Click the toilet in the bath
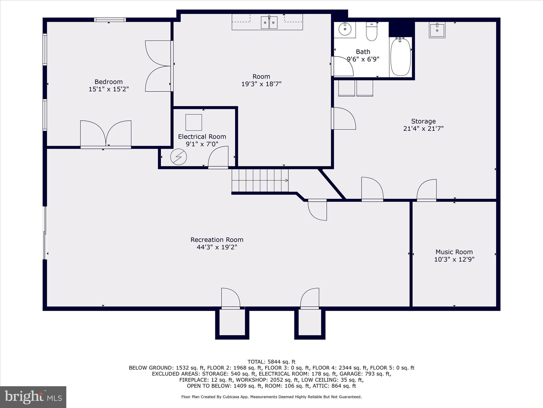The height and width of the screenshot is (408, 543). point(371,31)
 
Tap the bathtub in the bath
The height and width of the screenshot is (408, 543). point(401,57)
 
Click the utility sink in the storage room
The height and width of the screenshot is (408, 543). point(437,30)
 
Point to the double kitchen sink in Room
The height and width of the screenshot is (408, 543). point(269,22)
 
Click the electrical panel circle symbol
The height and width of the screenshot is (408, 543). point(178,157)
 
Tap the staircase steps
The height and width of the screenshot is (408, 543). point(260,180)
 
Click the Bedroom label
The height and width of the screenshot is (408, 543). point(109,82)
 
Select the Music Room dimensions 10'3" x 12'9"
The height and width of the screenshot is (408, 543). point(454,259)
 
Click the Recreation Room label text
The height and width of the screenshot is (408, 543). point(217,240)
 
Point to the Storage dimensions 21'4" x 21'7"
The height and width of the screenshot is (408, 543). point(423,129)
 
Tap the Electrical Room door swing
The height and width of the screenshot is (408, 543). point(218,157)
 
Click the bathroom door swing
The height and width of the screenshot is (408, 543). point(343,66)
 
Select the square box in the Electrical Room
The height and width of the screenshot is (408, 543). point(194,122)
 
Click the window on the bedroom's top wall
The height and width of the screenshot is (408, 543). point(110,20)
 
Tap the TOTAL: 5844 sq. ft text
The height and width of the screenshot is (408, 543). point(271,362)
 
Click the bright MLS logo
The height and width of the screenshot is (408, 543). point(33,397)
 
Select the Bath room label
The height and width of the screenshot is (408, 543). point(363,52)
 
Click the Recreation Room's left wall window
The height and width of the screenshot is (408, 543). point(45,233)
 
